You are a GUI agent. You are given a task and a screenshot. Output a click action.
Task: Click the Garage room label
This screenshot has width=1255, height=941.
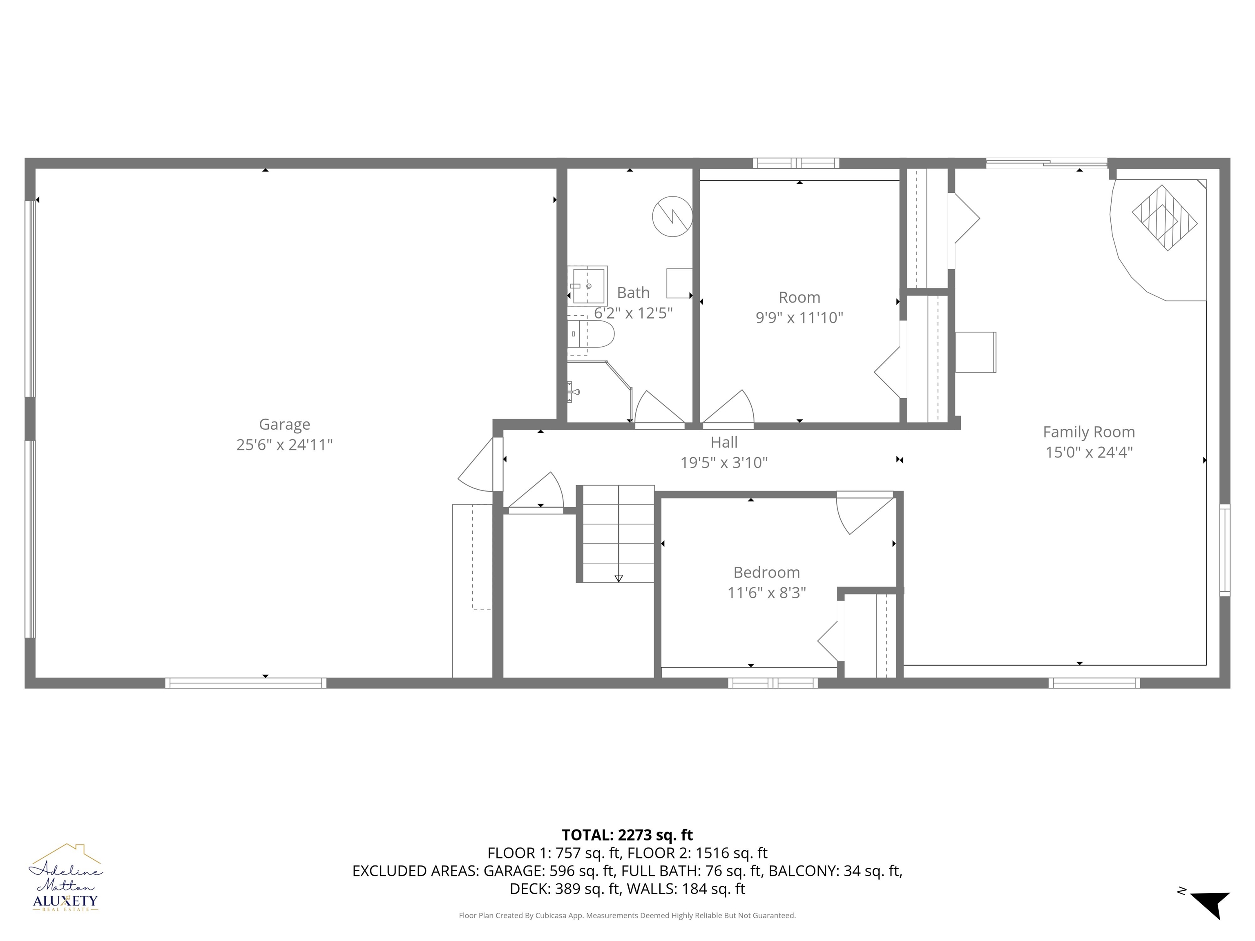click(x=284, y=424)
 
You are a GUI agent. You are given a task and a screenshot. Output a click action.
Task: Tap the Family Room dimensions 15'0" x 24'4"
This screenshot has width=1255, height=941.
click(x=1089, y=452)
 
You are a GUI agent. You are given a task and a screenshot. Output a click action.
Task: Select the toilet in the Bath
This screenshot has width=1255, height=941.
click(x=590, y=334)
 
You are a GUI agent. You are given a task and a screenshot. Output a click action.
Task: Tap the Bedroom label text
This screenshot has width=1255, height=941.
click(x=766, y=572)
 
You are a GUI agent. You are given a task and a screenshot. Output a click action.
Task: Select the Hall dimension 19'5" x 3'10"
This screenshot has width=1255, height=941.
click(x=724, y=463)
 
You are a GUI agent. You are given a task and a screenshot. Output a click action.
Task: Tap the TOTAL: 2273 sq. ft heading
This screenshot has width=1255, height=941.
click(x=627, y=835)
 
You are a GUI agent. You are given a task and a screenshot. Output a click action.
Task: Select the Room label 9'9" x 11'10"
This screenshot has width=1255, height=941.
click(x=799, y=318)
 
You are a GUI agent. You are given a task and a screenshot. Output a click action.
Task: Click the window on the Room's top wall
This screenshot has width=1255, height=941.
click(x=796, y=163)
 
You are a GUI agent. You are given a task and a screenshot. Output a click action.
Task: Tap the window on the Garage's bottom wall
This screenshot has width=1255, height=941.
click(x=246, y=683)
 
